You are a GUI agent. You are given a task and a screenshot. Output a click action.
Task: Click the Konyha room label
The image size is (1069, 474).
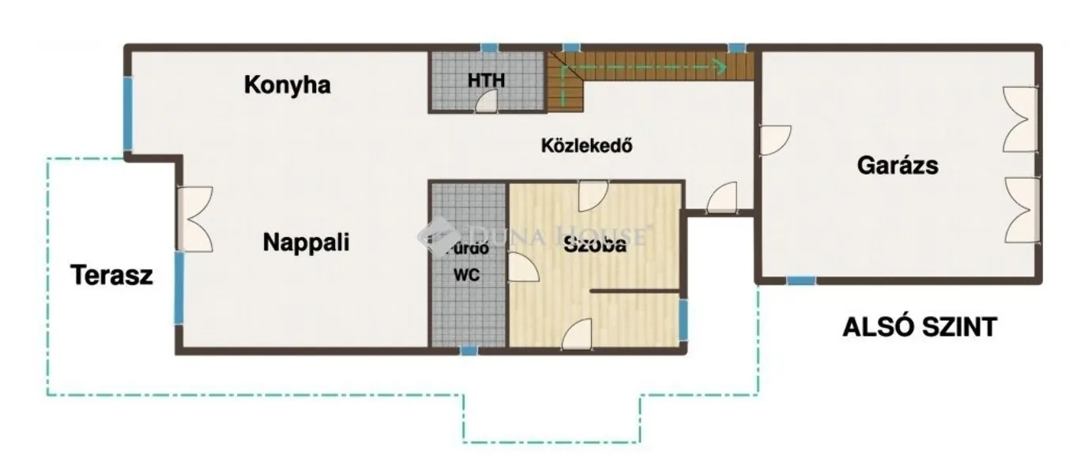point(286,85)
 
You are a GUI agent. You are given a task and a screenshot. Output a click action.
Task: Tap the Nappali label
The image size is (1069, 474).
point(306,243)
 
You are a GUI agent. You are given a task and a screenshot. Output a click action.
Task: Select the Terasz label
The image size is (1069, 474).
point(111,276)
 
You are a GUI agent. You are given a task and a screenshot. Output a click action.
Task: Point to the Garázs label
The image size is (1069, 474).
point(898,166)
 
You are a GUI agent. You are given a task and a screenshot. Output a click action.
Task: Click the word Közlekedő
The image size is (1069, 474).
point(588,146)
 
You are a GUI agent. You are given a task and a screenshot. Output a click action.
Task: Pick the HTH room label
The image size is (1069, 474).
point(486,80)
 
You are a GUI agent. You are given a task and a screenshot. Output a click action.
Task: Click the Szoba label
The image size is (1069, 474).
point(595,245)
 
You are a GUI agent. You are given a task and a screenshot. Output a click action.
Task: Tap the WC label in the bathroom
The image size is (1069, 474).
point(468,276)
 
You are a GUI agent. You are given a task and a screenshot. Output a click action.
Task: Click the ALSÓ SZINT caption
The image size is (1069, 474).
point(919,327)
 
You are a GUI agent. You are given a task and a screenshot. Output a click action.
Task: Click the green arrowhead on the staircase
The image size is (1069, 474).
point(721,66)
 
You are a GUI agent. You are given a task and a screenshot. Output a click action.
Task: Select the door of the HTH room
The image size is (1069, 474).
point(487,101)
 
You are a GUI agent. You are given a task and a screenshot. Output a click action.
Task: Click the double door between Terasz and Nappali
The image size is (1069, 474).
point(195,220)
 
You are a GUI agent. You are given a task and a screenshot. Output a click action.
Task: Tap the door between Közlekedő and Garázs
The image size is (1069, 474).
point(774,140)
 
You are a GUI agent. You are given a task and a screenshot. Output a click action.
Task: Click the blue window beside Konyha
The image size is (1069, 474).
point(128,112)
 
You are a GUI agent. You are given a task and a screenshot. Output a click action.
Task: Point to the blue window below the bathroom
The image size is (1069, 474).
point(469,350)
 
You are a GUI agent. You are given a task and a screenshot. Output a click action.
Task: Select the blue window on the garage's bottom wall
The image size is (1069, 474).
point(801,280)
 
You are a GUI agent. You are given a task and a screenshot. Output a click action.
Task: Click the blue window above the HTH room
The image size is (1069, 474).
point(490,48)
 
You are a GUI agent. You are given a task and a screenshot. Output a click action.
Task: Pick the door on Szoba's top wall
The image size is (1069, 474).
point(593,195)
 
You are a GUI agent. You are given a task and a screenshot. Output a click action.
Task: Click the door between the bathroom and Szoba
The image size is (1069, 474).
point(522,267)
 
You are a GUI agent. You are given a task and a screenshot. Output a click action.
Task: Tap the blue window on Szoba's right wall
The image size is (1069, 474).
point(683,320)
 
